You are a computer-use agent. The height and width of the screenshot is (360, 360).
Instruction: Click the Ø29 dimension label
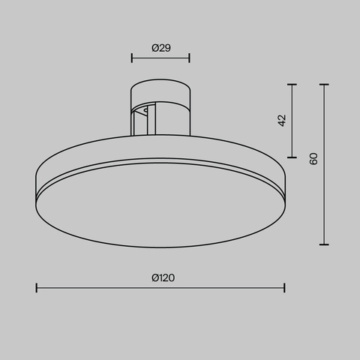click(x=160, y=47)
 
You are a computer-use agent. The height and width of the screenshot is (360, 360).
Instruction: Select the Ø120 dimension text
click(x=163, y=277)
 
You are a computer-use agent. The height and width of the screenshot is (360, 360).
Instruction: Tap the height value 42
click(x=282, y=120)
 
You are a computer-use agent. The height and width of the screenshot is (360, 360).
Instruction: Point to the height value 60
click(x=313, y=158)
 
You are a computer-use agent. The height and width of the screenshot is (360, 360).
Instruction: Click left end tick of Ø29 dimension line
click(x=132, y=57)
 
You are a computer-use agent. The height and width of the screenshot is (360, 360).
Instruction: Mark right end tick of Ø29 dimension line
click(x=189, y=57)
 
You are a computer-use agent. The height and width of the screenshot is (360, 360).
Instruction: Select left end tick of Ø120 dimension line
click(x=37, y=287)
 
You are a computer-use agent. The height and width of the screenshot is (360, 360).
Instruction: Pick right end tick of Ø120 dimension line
click(x=284, y=287)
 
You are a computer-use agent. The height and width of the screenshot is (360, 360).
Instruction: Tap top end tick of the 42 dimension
click(x=292, y=85)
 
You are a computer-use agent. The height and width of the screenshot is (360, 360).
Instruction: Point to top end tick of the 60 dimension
click(x=324, y=85)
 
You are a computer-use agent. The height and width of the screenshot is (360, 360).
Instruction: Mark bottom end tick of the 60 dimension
click(x=324, y=244)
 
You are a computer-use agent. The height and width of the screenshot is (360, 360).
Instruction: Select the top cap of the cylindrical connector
click(x=160, y=85)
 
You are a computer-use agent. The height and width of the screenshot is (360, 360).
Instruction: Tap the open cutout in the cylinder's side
click(x=139, y=120)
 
